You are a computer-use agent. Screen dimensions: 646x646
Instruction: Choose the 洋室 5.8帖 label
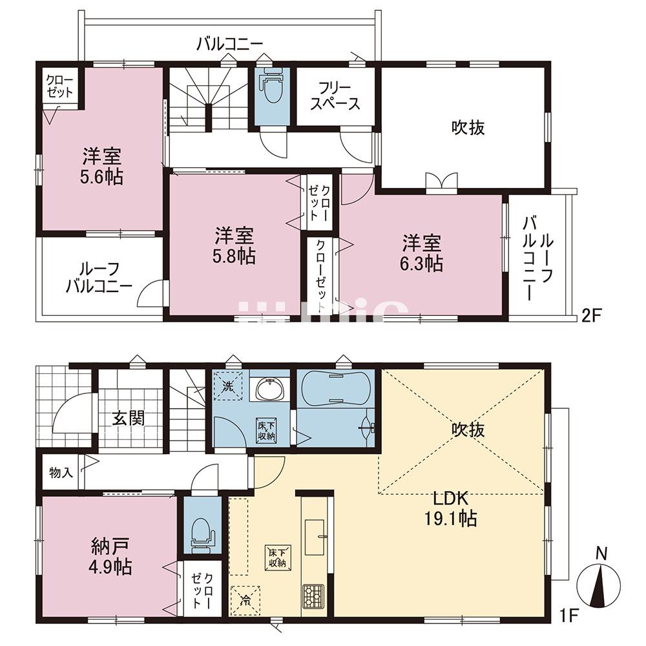pyautogui.click(x=234, y=246)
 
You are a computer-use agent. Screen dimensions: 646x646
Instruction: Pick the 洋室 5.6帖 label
pyautogui.click(x=102, y=166)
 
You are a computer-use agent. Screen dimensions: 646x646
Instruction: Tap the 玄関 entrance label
pyautogui.click(x=129, y=417)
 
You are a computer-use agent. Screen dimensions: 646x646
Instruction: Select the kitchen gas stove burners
pyautogui.click(x=315, y=596)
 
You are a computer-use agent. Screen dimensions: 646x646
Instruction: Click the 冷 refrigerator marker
pyautogui.click(x=246, y=599)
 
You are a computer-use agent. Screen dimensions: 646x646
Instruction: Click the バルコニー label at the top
pyautogui.click(x=229, y=44)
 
